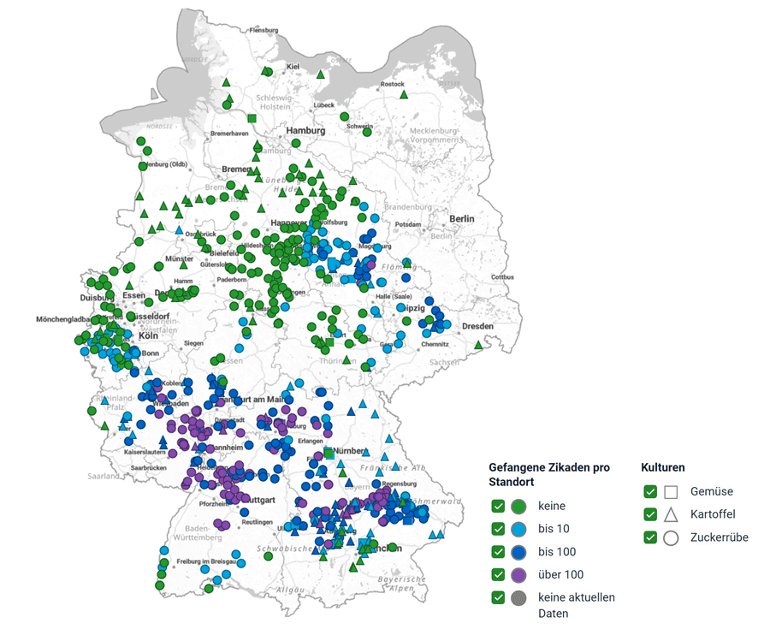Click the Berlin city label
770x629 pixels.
[458, 219]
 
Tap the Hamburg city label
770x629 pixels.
[306, 131]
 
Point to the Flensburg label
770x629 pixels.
[264, 30]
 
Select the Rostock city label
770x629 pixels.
[392, 84]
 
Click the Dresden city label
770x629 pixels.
[477, 326]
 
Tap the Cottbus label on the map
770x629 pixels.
[502, 277]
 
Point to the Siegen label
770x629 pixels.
[193, 343]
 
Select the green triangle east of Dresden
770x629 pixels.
[478, 344]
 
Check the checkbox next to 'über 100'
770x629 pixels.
[498, 574]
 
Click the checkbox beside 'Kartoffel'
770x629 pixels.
[650, 514]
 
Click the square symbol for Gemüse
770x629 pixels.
[671, 492]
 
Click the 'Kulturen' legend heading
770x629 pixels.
[663, 467]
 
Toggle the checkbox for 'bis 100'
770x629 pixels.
[498, 552]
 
